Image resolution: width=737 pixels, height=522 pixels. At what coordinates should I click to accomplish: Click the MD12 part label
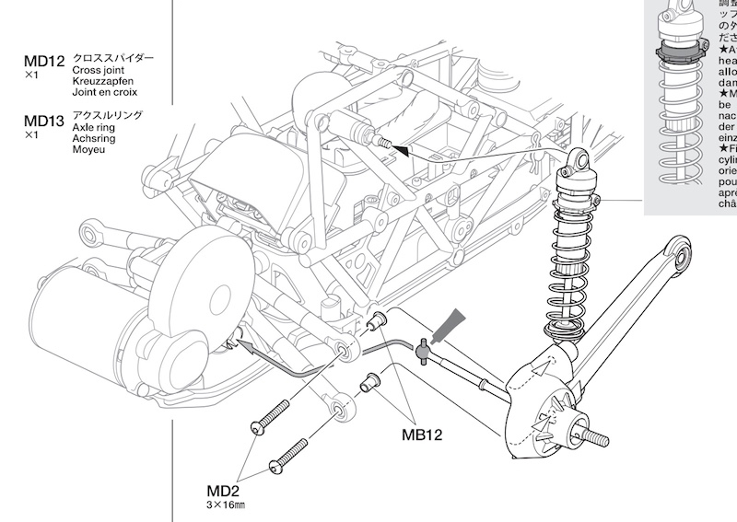tap(44, 62)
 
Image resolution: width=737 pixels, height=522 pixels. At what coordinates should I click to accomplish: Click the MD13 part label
tap(44, 121)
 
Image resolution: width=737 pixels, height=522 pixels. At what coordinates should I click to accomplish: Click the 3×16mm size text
tap(226, 505)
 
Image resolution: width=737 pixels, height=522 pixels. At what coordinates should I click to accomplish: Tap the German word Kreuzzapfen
tap(103, 81)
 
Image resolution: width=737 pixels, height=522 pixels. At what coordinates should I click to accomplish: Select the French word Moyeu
tap(90, 149)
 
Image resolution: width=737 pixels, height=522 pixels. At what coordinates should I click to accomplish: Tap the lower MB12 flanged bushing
tap(369, 380)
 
